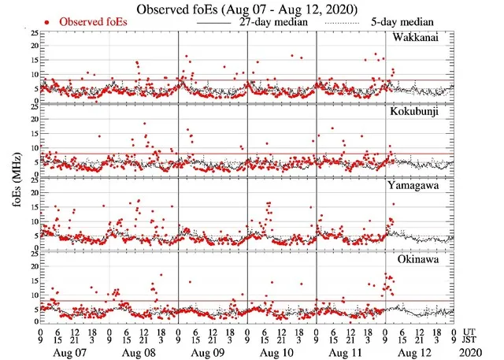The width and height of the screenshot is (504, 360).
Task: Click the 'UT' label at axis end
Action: [x=471, y=331]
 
